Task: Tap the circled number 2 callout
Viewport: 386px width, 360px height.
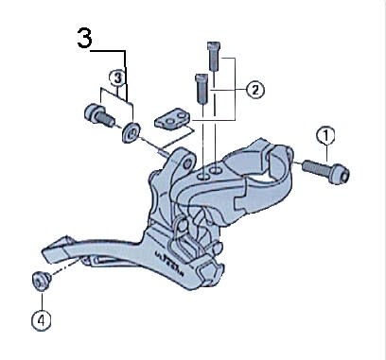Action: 254,91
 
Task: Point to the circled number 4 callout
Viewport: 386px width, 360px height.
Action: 39,319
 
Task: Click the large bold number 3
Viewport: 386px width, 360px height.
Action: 84,41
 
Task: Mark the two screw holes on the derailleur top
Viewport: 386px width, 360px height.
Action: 213,171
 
